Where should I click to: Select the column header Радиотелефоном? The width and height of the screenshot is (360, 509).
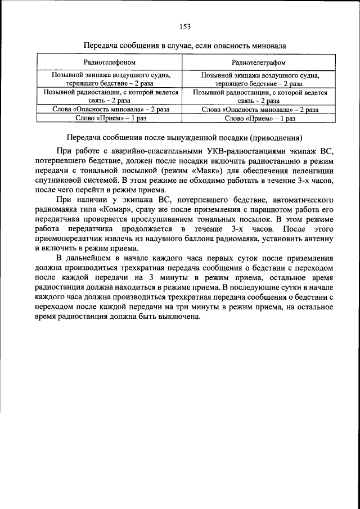[x=109, y=61]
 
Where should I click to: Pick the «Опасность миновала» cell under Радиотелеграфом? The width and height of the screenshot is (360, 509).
[x=259, y=110]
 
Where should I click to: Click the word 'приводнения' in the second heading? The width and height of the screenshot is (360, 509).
[x=274, y=137]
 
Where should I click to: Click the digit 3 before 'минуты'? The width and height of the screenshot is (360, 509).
[x=153, y=279]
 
